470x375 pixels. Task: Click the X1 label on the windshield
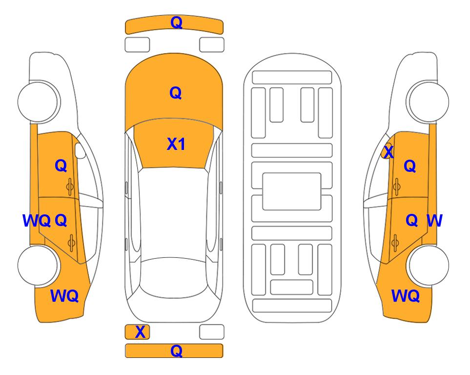176,144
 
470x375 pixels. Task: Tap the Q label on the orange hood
176,93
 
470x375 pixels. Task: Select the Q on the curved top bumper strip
176,22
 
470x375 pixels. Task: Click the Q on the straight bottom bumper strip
176,351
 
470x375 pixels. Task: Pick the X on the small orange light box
140,332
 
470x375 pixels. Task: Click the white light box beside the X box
212,332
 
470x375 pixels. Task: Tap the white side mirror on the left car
80,150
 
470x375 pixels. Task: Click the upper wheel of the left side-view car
39,102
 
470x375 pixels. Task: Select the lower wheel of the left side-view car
39,265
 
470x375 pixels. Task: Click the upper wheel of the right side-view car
428,102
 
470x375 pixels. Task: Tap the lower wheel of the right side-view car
428,265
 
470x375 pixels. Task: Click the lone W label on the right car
434,221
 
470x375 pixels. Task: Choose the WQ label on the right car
406,296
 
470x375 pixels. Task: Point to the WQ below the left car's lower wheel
64,296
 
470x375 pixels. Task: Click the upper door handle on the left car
70,187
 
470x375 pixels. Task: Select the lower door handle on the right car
395,243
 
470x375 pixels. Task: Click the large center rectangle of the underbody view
292,191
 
